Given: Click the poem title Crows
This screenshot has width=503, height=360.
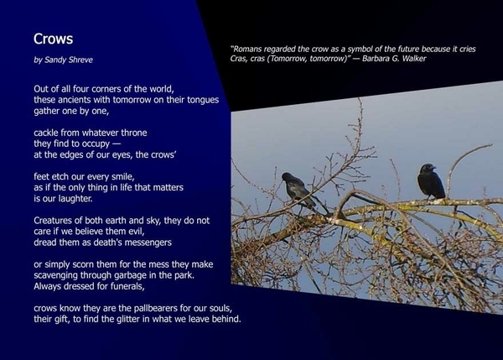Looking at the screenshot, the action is click(54, 39).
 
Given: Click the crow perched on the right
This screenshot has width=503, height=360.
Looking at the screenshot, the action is click(431, 181).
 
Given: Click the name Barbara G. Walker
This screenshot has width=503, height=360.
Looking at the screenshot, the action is click(394, 59).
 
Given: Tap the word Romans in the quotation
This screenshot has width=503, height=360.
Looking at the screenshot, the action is click(246, 49).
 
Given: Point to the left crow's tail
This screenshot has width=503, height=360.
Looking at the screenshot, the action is click(321, 206).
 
